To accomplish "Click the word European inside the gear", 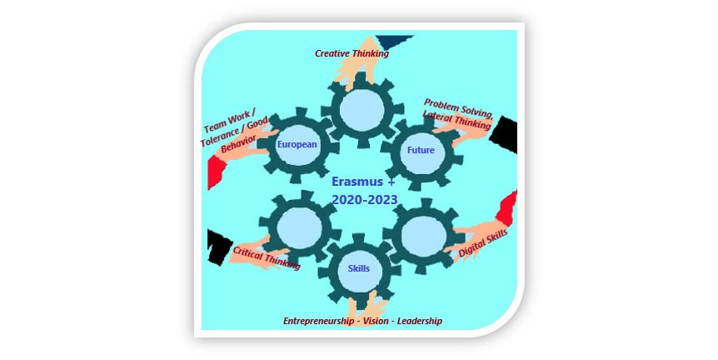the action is pyautogui.click(x=297, y=144).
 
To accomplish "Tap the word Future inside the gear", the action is pyautogui.click(x=421, y=150).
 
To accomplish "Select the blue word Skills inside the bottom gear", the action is pyautogui.click(x=358, y=268).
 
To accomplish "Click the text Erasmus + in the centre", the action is pyautogui.click(x=363, y=182).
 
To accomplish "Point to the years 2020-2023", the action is pyautogui.click(x=365, y=200).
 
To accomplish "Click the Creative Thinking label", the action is pyautogui.click(x=352, y=53).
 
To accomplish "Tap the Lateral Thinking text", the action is pyautogui.click(x=456, y=120).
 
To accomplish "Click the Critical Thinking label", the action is pyautogui.click(x=267, y=257).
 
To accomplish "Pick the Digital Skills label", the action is pyautogui.click(x=483, y=243).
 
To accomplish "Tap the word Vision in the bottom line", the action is pyautogui.click(x=376, y=321).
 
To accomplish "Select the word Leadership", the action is pyautogui.click(x=420, y=321).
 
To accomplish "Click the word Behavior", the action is pyautogui.click(x=238, y=144).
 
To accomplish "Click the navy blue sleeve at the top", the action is pyautogui.click(x=392, y=41).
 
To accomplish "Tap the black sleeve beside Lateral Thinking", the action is pyautogui.click(x=504, y=135).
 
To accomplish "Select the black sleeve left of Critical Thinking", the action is pyautogui.click(x=219, y=247).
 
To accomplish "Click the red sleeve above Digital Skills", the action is pyautogui.click(x=507, y=208).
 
